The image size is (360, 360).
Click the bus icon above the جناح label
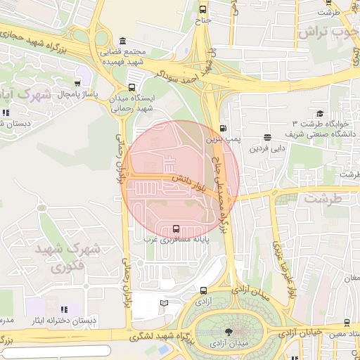(x=203, y=9)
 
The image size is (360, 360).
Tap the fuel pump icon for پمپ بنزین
(x=224, y=129)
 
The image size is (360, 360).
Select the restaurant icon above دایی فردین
(x=267, y=138)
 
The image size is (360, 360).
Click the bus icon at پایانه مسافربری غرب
(x=175, y=229)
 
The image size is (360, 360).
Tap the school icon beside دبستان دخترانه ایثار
(x=65, y=309)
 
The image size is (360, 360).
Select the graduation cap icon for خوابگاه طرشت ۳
(x=320, y=113)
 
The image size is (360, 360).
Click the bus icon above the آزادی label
(x=203, y=290)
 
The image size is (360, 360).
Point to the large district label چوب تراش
(x=327, y=32)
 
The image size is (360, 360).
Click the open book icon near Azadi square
(x=165, y=304)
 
